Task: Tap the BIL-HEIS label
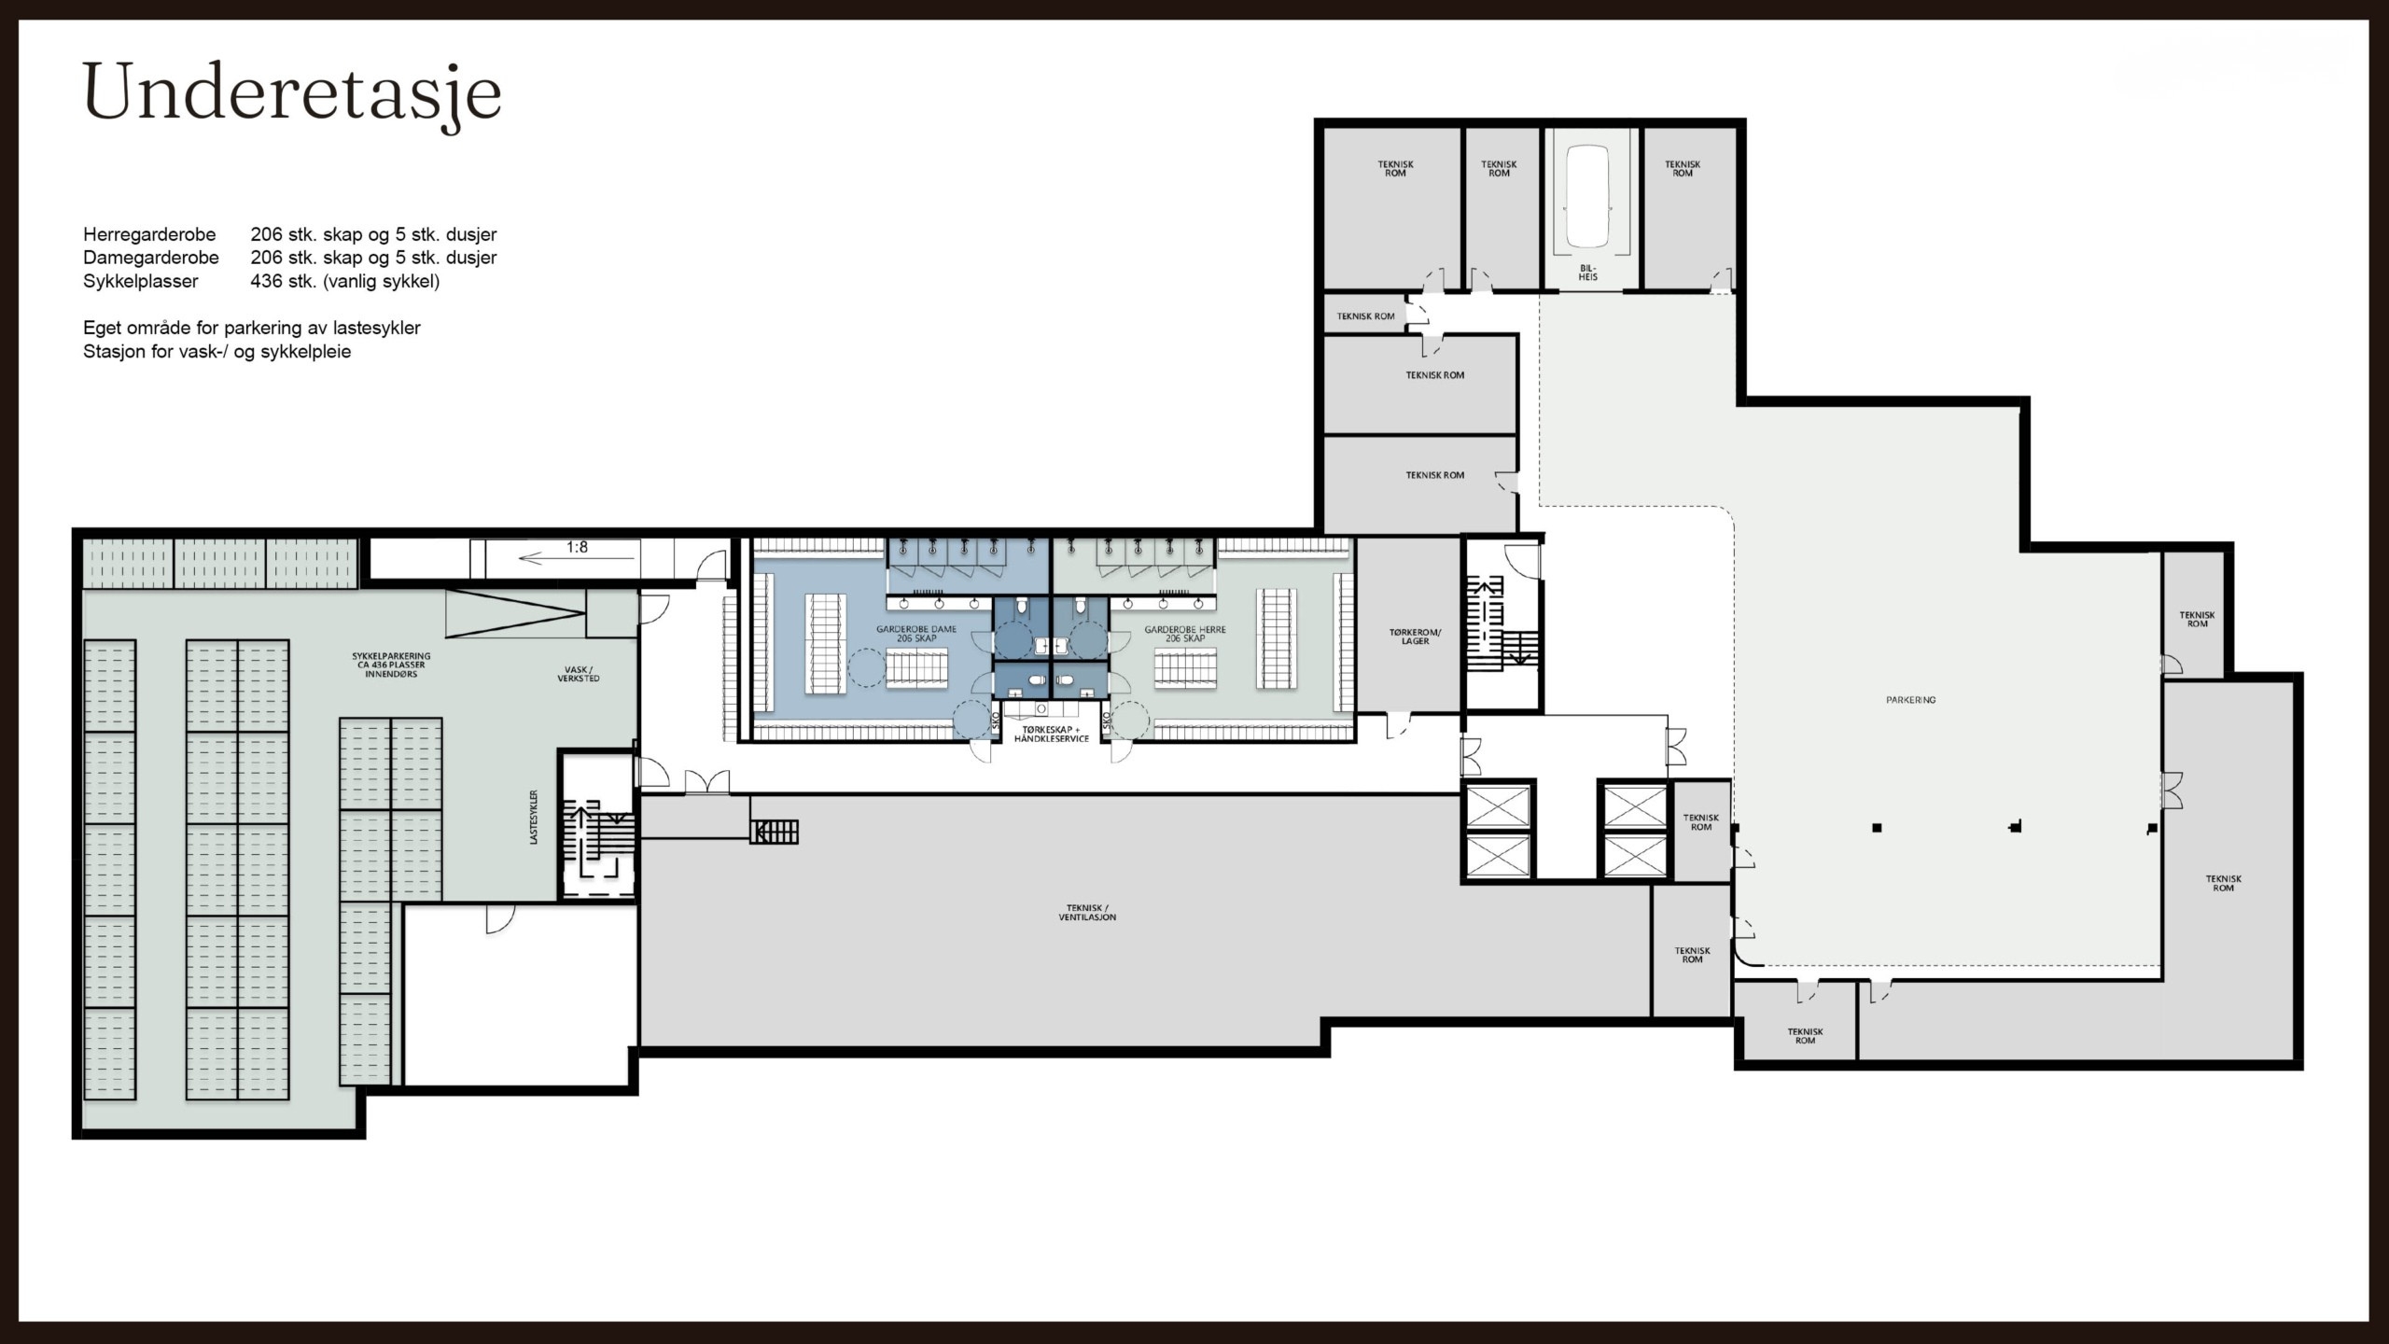click(x=1588, y=273)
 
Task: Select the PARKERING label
click(x=1910, y=700)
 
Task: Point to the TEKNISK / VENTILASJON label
click(x=1087, y=913)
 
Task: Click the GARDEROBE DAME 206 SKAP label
click(x=916, y=634)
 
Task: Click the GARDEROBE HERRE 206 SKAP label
click(x=1185, y=634)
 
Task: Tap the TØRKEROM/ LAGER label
click(x=1416, y=637)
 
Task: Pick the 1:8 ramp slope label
click(x=577, y=548)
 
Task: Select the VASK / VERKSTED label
click(x=579, y=674)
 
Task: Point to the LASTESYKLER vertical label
click(x=535, y=818)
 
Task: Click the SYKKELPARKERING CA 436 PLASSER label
click(x=391, y=665)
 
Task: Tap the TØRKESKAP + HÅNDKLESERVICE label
click(x=1051, y=734)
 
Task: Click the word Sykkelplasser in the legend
click(x=141, y=281)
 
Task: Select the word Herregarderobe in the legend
click(x=149, y=234)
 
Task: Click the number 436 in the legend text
click(x=267, y=281)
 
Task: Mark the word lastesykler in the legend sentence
click(x=374, y=329)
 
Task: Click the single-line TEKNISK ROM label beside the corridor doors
click(x=1365, y=316)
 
